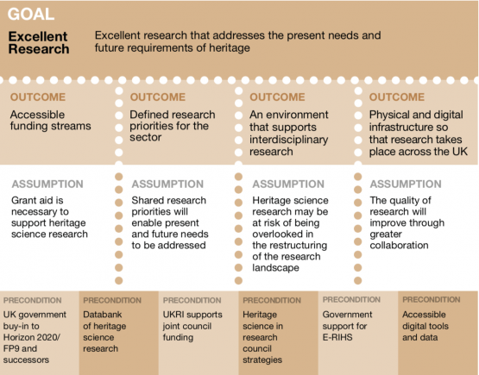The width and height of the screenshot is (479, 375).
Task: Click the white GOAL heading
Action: pos(31,14)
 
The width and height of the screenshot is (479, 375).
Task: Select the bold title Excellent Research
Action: pos(39,43)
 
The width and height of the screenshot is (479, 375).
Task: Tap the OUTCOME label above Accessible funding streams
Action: pos(38,97)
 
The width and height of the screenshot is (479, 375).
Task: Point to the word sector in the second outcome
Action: pos(145,137)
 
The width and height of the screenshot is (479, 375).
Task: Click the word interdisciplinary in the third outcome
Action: pos(288,140)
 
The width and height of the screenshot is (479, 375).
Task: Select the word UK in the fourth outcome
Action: pos(460,152)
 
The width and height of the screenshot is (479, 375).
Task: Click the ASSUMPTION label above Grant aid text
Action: pos(47,184)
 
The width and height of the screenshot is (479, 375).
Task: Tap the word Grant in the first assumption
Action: pos(23,200)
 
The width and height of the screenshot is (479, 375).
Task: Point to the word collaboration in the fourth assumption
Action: pos(399,245)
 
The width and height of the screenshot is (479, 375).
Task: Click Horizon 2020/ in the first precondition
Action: pos(31,337)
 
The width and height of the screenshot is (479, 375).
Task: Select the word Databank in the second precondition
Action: pos(103,315)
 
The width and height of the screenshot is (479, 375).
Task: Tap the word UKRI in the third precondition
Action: pos(173,315)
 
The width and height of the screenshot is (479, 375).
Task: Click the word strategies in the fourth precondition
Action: pos(262,359)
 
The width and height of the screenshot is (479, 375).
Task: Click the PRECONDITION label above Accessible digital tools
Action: pos(431,300)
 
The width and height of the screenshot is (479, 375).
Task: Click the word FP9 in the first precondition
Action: pos(10,348)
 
